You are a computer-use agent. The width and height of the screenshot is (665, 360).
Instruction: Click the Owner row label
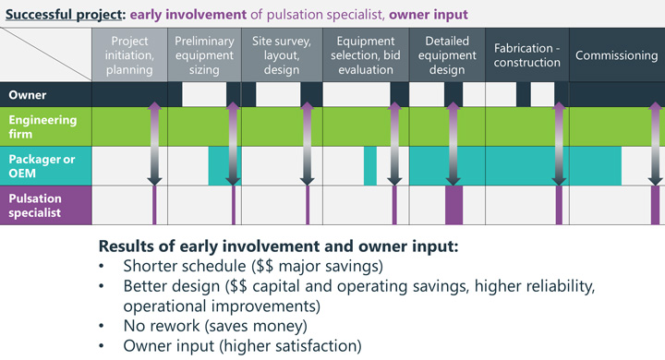coord(27,94)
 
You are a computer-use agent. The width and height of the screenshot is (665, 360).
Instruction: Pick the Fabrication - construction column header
coord(527,54)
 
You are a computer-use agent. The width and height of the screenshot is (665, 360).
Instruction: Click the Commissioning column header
coord(616,55)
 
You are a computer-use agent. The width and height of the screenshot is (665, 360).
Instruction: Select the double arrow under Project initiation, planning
coord(154,143)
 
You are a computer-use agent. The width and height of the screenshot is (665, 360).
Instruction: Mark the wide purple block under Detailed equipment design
coord(453,205)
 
